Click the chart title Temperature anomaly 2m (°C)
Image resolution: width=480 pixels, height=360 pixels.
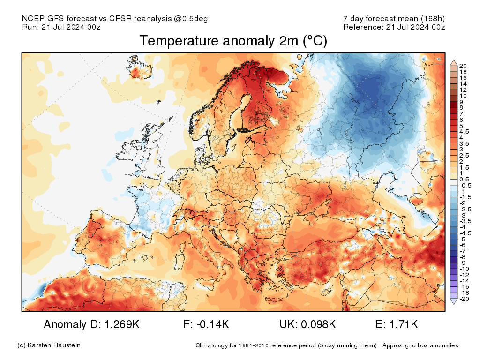(233, 41)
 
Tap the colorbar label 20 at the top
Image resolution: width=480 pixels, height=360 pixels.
(463, 66)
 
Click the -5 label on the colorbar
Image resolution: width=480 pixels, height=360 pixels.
(462, 239)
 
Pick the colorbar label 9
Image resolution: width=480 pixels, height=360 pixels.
(461, 101)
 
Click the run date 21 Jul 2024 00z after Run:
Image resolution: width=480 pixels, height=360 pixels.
(71, 27)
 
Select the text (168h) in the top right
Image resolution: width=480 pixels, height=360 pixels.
(433, 18)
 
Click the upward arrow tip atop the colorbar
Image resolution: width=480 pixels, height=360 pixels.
(454, 60)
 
